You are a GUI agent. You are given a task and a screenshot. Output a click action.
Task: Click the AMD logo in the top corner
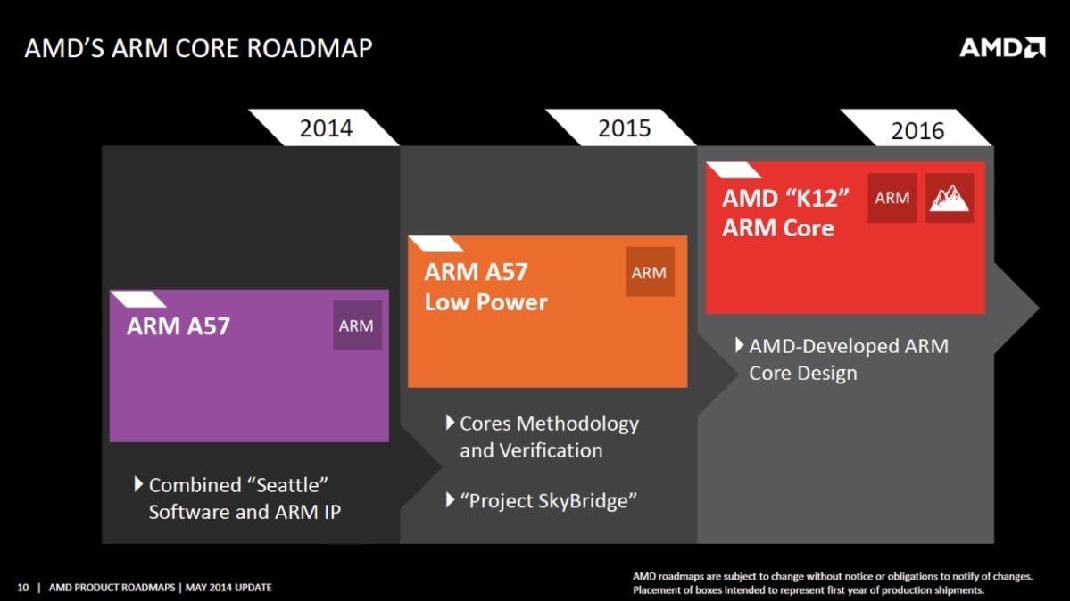(x=1002, y=48)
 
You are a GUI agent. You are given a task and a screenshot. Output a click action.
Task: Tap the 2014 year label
(x=327, y=128)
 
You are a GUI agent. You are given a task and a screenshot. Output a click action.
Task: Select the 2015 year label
(x=625, y=128)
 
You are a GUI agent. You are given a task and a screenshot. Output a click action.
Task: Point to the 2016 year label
(x=917, y=130)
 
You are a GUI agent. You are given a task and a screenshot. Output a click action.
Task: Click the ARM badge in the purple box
(x=357, y=325)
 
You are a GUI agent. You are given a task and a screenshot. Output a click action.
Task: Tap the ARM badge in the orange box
(x=650, y=272)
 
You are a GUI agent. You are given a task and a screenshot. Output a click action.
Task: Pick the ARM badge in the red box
(x=892, y=198)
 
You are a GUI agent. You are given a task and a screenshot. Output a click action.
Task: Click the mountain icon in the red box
(x=950, y=198)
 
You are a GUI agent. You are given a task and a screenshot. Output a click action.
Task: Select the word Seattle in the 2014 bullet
(x=287, y=485)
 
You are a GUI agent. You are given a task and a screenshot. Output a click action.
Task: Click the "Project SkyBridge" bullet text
(x=549, y=501)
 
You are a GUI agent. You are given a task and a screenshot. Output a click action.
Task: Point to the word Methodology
(x=577, y=424)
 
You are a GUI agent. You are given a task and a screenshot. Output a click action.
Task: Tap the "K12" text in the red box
(x=817, y=199)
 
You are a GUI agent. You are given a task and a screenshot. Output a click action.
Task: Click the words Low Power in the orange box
(x=485, y=302)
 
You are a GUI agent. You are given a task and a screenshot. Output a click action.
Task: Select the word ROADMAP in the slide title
(x=309, y=48)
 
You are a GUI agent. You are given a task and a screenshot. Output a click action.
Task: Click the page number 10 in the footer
(x=23, y=588)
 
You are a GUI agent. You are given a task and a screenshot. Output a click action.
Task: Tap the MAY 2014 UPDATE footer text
(x=228, y=588)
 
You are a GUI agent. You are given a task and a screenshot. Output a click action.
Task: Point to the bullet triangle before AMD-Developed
(x=740, y=345)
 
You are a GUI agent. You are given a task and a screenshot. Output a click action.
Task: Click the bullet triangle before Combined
(x=138, y=484)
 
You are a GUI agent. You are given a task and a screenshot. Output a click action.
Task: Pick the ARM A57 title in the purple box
(x=178, y=326)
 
